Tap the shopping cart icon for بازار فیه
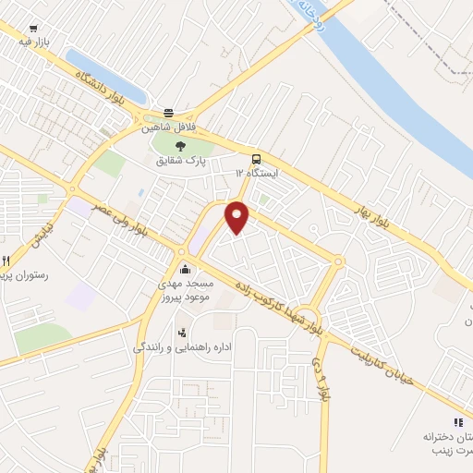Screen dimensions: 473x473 (34, 30)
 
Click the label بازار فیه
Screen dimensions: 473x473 (33, 42)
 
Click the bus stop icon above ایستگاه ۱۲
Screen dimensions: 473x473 (256, 158)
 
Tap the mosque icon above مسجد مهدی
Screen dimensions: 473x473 (186, 271)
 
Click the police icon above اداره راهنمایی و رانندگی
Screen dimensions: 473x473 (182, 331)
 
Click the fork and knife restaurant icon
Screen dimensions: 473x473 (6, 261)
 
